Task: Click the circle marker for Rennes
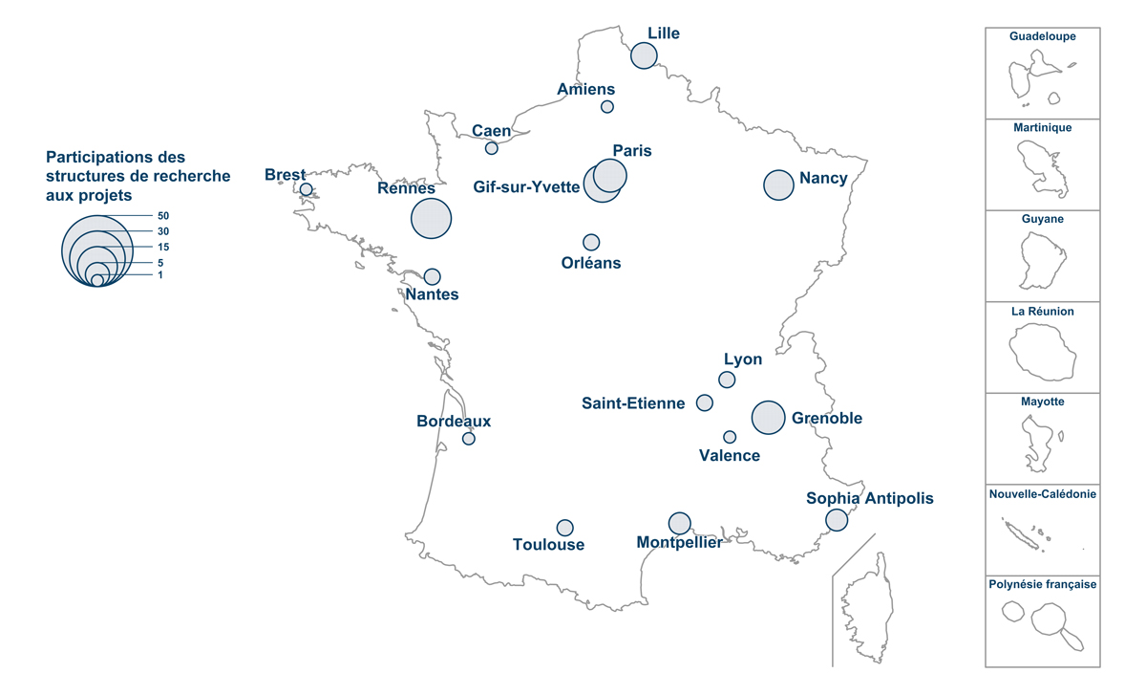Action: [x=431, y=218]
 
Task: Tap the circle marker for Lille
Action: [x=644, y=55]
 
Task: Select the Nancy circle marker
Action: [x=778, y=185]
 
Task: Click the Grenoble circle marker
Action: [x=768, y=417]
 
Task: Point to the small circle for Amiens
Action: [x=606, y=106]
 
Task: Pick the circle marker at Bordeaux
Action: [x=468, y=439]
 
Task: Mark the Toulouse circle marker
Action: [x=564, y=528]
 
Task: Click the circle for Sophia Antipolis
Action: [x=837, y=520]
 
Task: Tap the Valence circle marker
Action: [x=730, y=437]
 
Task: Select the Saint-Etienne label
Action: [x=633, y=403]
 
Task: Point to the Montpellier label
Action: [x=679, y=543]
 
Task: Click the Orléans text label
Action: [x=591, y=263]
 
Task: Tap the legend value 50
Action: [x=163, y=216]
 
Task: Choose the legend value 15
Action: [x=163, y=247]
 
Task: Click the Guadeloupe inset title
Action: [x=1043, y=36]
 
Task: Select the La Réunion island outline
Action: [x=1043, y=352]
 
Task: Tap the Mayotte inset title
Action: [x=1043, y=402]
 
